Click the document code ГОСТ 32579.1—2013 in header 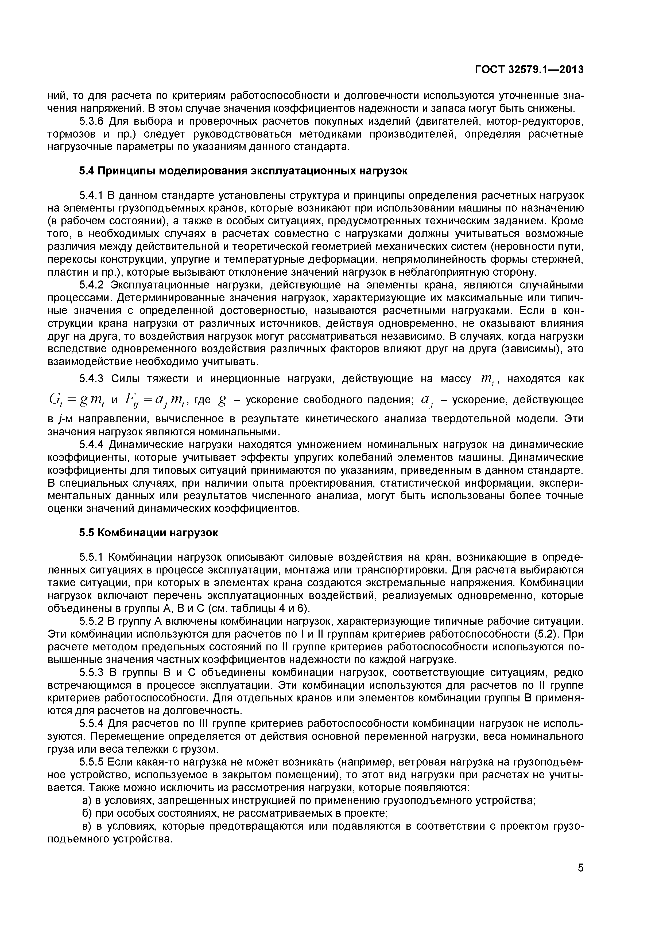tap(529, 70)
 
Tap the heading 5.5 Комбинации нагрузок tap(149, 533)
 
